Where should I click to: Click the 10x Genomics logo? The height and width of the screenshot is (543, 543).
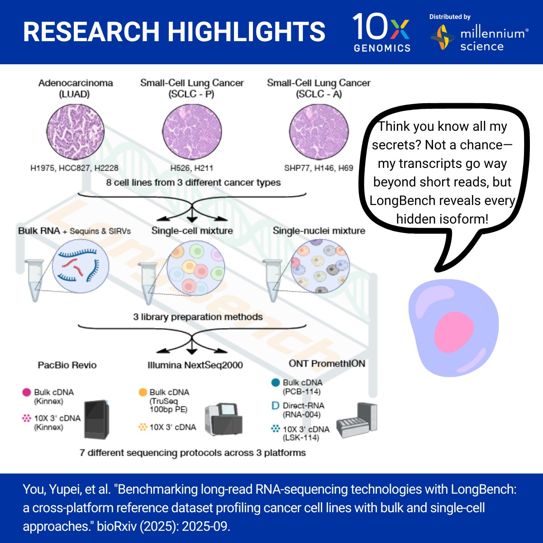(381, 32)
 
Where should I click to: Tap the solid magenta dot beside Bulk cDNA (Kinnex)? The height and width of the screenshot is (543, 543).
(27, 392)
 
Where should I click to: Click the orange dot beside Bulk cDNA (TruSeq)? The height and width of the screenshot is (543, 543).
(143, 392)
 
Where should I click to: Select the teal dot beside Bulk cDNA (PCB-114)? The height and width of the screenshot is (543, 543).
(275, 383)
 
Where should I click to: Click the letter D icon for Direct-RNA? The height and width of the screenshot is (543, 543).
(275, 406)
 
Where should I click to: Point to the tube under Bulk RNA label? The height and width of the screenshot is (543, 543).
(34, 281)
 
